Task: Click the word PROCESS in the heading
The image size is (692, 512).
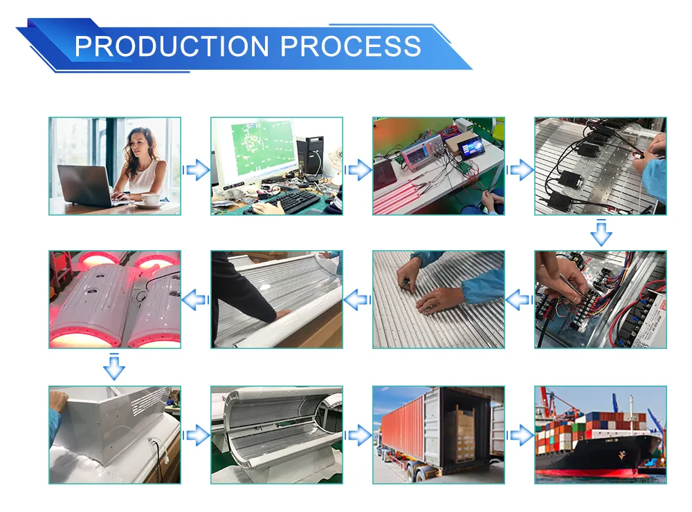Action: point(351,46)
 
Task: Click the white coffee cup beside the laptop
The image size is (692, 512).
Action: point(150,199)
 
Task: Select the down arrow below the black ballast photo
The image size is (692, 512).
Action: point(601,233)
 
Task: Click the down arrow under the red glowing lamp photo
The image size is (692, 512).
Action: point(114,367)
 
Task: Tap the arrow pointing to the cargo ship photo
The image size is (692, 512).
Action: point(520,435)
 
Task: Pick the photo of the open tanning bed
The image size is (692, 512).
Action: point(277,435)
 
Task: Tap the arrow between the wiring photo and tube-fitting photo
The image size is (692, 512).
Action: point(519,299)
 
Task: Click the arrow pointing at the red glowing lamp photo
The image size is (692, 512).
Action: point(196,299)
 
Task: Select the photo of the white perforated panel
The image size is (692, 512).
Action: point(114,435)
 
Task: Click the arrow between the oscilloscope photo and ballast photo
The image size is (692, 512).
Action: point(520,169)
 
